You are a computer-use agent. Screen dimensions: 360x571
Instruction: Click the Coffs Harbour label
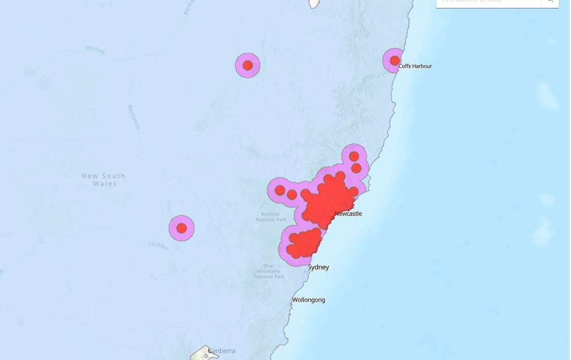[x=415, y=66]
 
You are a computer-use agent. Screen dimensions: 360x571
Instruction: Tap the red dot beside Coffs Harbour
[x=395, y=61]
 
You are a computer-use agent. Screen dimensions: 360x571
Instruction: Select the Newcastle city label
[x=348, y=214]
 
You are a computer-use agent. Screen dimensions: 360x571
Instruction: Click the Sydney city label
[x=318, y=267]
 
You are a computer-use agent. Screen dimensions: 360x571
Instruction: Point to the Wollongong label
[x=309, y=300]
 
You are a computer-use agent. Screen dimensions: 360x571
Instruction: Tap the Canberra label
[x=222, y=351]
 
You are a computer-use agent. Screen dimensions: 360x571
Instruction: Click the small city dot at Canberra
[x=206, y=356]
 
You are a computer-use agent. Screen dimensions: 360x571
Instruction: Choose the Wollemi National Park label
[x=274, y=217]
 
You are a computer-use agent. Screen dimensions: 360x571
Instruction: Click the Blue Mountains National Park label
[x=269, y=271]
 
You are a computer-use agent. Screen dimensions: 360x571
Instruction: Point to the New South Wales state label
[x=104, y=179]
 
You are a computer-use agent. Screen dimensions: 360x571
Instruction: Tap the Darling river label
[x=95, y=51]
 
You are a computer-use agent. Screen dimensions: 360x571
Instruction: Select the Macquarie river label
[x=134, y=117]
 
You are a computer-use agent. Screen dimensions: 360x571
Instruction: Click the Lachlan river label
[x=158, y=245]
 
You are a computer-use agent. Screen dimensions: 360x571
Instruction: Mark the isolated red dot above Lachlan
[x=182, y=228]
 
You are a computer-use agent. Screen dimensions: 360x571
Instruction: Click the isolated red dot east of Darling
[x=248, y=66]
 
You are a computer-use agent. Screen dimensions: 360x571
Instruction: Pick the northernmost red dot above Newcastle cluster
[x=354, y=156]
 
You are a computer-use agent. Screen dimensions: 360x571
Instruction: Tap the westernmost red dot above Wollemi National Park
[x=280, y=190]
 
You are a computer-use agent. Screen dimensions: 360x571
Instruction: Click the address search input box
[x=489, y=2]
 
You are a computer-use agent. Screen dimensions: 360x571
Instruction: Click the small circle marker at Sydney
[x=306, y=272]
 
